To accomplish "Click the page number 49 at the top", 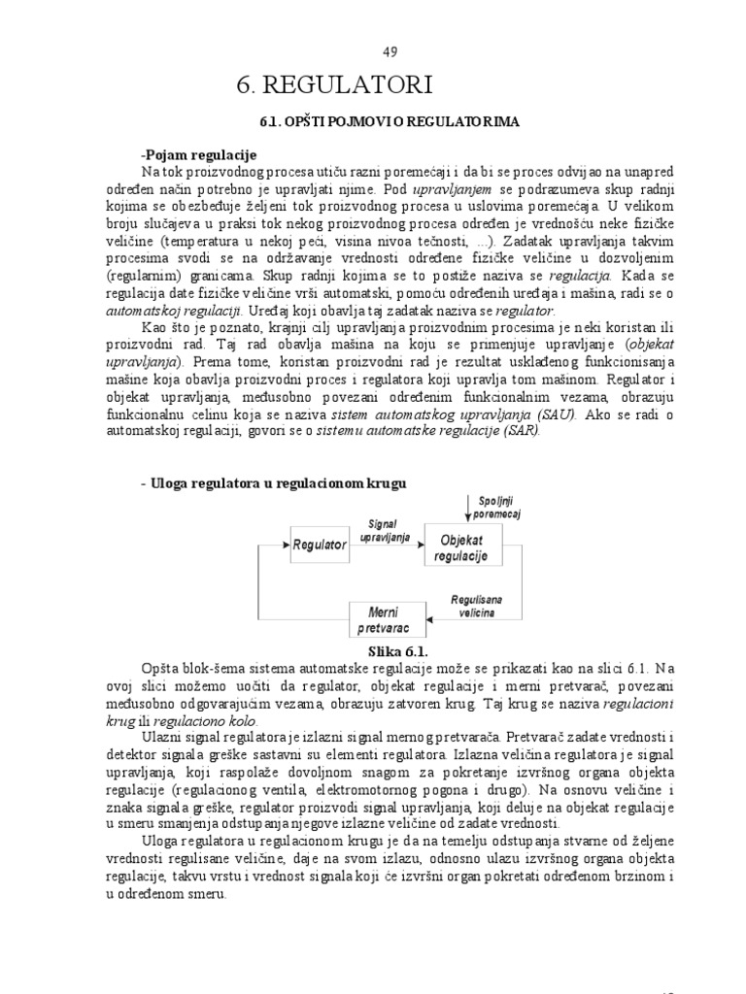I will (x=390, y=51).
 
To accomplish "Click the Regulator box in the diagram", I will (x=319, y=546).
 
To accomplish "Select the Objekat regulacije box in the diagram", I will (x=465, y=545).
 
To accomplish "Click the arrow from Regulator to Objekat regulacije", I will (x=386, y=546).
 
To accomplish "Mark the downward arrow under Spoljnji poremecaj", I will (x=468, y=508).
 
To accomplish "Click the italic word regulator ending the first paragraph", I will (x=524, y=311).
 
